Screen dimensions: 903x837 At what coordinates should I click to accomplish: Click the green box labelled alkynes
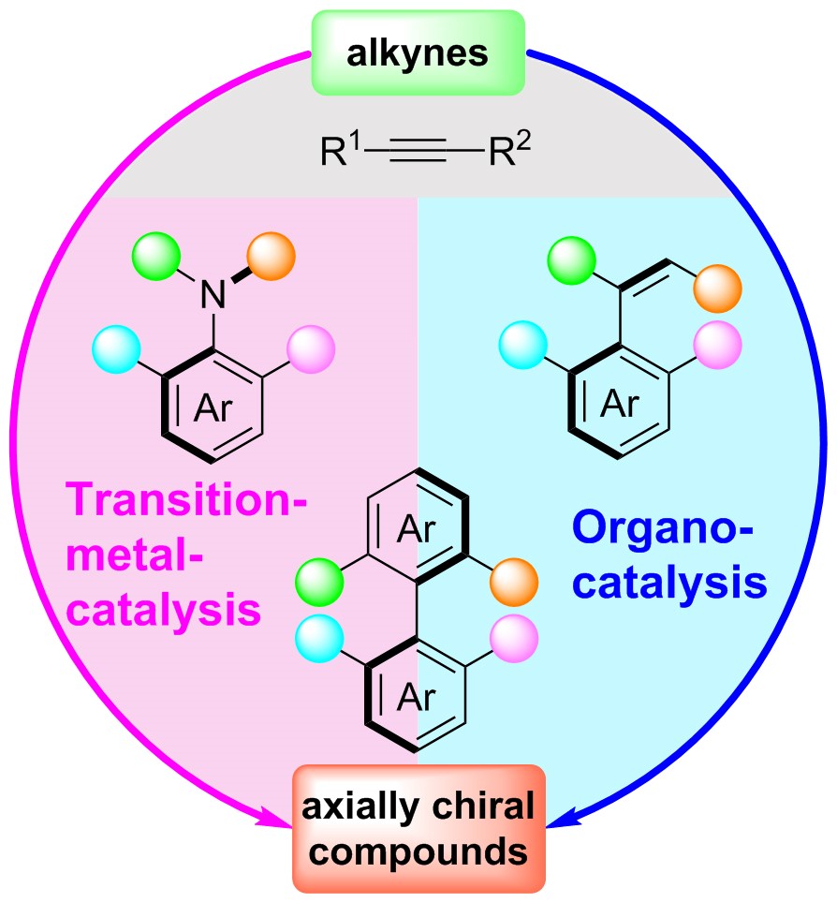click(418, 53)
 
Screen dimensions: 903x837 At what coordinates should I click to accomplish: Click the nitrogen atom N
click(214, 298)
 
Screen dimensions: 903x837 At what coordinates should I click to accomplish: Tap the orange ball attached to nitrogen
click(272, 254)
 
